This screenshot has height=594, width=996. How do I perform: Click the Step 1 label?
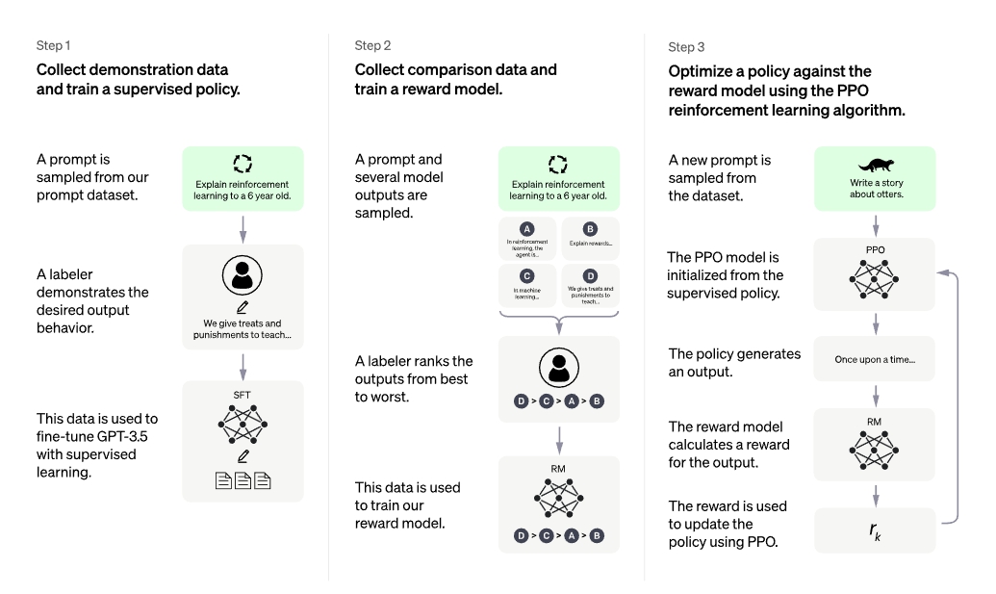coord(53,46)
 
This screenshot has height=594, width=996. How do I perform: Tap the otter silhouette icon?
coord(876,165)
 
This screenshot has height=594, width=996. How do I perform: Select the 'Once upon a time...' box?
coord(875,359)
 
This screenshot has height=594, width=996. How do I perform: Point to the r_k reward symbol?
coord(875,531)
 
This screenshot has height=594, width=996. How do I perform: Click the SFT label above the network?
coord(242,395)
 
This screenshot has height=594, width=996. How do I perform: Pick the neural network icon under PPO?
coord(874,278)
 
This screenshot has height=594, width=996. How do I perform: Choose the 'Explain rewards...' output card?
coord(590,238)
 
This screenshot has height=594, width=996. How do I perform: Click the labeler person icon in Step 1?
coord(242,275)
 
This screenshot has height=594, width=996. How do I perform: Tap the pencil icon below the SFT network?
coord(243,456)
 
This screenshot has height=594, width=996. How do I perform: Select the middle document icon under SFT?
coord(243,481)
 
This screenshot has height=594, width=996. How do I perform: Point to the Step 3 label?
coord(686,47)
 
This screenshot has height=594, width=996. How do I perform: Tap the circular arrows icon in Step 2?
coord(558,164)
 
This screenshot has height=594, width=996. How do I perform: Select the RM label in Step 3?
coord(874,422)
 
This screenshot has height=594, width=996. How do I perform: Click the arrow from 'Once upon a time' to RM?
coord(876,395)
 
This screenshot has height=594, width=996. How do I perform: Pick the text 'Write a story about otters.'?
coord(876,188)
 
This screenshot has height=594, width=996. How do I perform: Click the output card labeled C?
coord(527,285)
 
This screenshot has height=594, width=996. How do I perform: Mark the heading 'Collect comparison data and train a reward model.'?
coord(455,79)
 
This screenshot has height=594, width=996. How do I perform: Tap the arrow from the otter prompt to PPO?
coord(876,225)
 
